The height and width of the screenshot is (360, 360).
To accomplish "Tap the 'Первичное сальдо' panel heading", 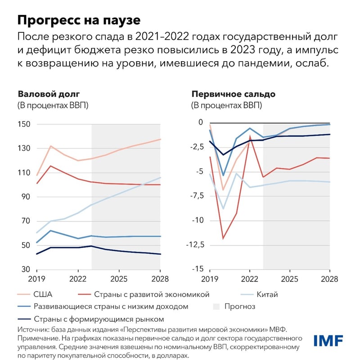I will tap(234, 94).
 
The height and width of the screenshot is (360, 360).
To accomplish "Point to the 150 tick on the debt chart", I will tap(25, 124).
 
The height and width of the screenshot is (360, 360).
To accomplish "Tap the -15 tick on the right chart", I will tap(198, 270).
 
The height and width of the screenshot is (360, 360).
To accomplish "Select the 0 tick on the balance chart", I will tap(201, 122).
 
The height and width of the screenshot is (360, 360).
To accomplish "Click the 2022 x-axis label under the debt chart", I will tap(78, 279).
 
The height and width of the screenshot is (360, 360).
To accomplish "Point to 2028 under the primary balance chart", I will tap(329, 279).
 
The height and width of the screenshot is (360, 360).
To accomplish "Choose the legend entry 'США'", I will tap(43, 295).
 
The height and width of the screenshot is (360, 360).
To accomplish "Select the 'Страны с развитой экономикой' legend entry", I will tap(152, 295).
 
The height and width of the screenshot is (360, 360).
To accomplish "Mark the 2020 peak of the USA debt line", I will tap(51, 146).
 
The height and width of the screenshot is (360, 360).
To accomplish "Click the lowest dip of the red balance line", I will tap(223, 238).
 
